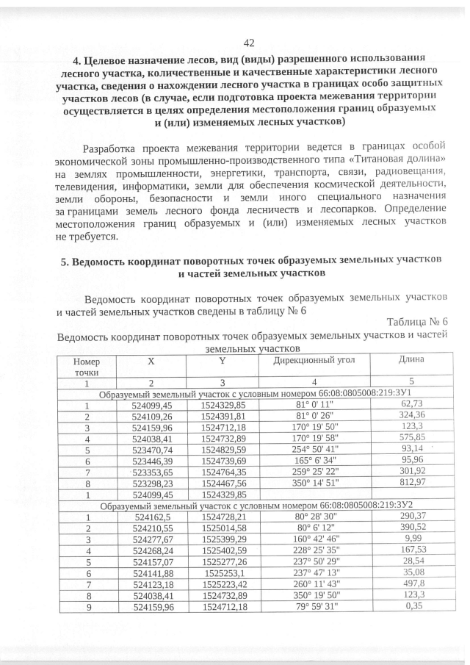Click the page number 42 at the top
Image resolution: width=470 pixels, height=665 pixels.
[x=248, y=43]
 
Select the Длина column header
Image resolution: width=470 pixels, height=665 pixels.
[x=410, y=359]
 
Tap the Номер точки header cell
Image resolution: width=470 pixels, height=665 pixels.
[x=86, y=367]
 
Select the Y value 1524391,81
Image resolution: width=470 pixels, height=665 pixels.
[x=223, y=415]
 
